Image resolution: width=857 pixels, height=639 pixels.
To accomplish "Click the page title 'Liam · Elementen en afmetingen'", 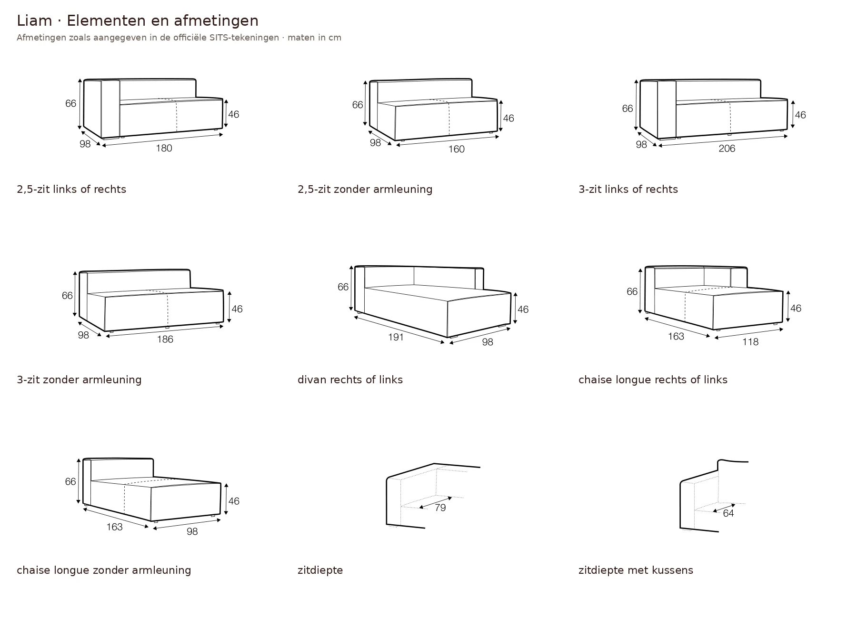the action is tap(138, 21).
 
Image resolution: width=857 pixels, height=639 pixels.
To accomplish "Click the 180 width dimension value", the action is tap(164, 148).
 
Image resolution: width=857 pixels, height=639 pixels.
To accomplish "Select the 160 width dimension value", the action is tap(456, 149).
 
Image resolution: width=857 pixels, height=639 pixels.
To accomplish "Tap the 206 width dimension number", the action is tap(727, 149).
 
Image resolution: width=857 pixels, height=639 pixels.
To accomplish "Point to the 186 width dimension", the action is tap(165, 339).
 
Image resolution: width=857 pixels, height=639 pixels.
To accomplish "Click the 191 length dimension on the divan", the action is tap(396, 337).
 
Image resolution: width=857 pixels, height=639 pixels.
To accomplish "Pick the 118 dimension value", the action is tap(750, 341).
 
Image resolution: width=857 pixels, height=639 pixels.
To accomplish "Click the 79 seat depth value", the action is tap(440, 508).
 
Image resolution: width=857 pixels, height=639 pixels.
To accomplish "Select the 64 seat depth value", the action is tap(728, 513).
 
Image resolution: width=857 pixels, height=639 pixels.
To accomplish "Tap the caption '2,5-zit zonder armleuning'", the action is tap(365, 189).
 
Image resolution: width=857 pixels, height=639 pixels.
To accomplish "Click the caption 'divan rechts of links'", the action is tap(350, 379).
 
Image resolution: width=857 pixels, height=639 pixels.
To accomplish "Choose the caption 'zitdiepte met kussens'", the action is tap(636, 570).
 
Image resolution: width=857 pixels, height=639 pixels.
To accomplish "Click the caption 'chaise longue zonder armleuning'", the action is tap(104, 570).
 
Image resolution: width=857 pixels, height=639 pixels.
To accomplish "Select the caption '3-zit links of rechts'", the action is tap(628, 189).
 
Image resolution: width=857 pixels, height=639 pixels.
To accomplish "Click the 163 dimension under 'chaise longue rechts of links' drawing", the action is tap(676, 336).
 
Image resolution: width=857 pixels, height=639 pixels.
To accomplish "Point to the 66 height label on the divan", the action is tap(343, 287).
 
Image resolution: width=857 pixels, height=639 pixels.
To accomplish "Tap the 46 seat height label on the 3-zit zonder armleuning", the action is tap(237, 309).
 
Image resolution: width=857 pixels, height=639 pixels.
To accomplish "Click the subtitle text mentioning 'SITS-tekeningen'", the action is tap(179, 38).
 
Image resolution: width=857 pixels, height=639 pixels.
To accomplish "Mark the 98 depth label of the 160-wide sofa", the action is tap(375, 142).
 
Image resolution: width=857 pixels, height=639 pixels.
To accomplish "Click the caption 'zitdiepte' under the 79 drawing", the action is tap(320, 570).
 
